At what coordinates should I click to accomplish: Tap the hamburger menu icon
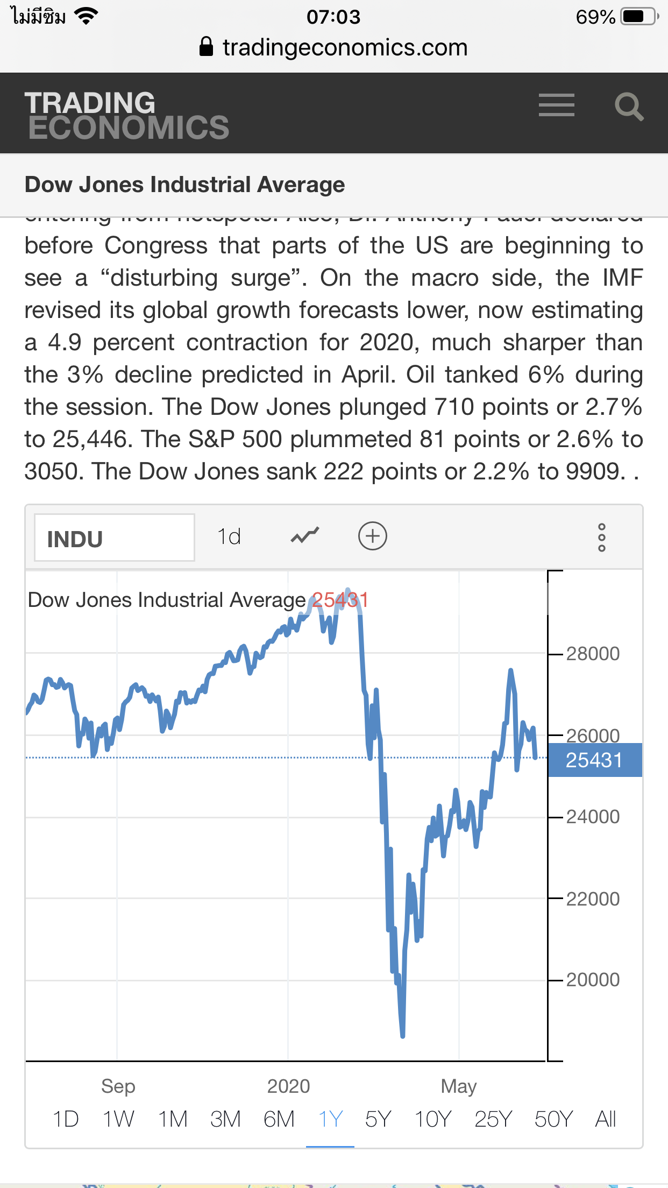[x=556, y=105]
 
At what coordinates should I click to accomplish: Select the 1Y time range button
[x=330, y=1119]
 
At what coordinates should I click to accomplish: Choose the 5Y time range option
[x=378, y=1119]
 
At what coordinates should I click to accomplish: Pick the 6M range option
[x=279, y=1119]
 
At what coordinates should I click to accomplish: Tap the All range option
[x=605, y=1119]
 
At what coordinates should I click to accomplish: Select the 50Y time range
[x=553, y=1119]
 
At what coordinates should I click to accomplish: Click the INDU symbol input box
[x=114, y=538]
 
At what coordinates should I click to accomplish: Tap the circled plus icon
[x=373, y=536]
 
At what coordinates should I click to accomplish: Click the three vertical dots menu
[x=602, y=538]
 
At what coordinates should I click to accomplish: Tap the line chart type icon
[x=305, y=536]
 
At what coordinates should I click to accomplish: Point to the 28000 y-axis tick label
[x=593, y=654]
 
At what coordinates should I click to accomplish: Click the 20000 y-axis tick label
[x=593, y=980]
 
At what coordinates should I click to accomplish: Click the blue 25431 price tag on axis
[x=594, y=760]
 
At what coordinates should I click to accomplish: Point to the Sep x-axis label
[x=118, y=1086]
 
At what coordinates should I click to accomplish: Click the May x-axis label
[x=459, y=1086]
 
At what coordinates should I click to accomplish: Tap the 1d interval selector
[x=229, y=536]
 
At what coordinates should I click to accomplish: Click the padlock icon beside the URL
[x=206, y=47]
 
